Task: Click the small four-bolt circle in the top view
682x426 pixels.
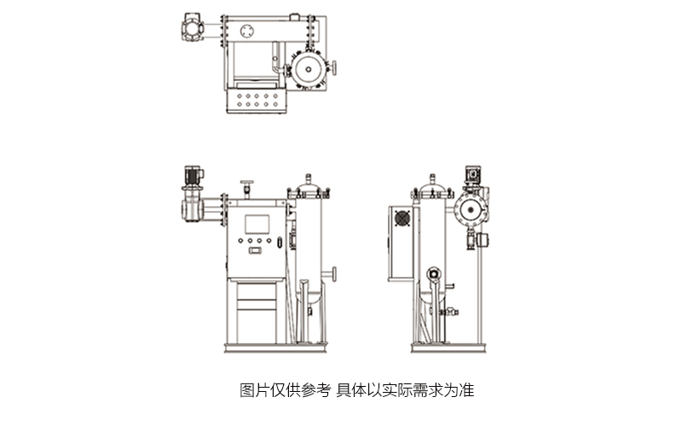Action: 248,32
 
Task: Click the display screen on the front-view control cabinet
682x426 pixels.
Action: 257,224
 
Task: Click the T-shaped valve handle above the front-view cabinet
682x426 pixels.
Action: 247,185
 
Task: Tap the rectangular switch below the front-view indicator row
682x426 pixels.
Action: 254,250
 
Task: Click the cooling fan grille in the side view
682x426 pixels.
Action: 401,219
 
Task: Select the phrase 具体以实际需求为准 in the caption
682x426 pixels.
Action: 405,391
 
